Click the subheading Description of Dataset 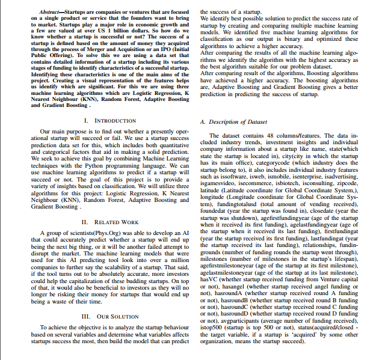[228, 121]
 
